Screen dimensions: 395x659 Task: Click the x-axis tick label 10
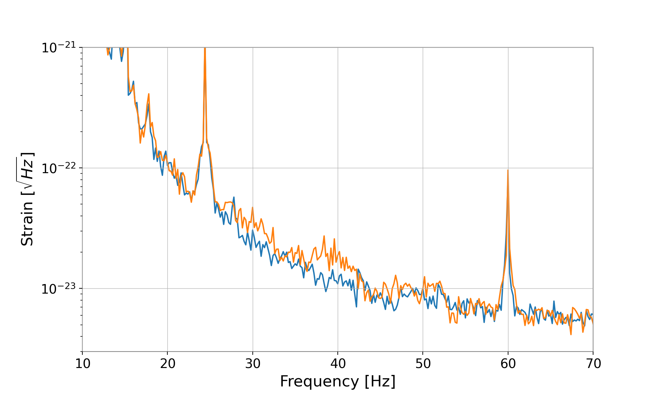[82, 364]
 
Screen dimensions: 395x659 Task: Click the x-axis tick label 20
[167, 364]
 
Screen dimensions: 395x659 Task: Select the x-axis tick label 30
[253, 364]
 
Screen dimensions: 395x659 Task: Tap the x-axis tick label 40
[338, 364]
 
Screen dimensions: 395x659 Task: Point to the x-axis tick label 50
[423, 364]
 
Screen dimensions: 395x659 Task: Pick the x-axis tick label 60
[508, 364]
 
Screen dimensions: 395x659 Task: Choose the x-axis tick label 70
[593, 364]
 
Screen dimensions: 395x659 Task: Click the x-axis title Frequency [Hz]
[338, 382]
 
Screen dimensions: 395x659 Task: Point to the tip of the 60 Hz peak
[508, 170]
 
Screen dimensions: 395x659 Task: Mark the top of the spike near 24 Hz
[205, 48]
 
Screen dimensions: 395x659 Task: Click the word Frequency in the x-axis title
[319, 382]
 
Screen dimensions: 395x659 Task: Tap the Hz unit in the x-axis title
[380, 382]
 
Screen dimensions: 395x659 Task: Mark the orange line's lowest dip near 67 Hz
[571, 334]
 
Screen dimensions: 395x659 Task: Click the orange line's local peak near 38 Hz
[324, 236]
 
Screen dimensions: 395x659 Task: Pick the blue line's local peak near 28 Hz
[234, 197]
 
